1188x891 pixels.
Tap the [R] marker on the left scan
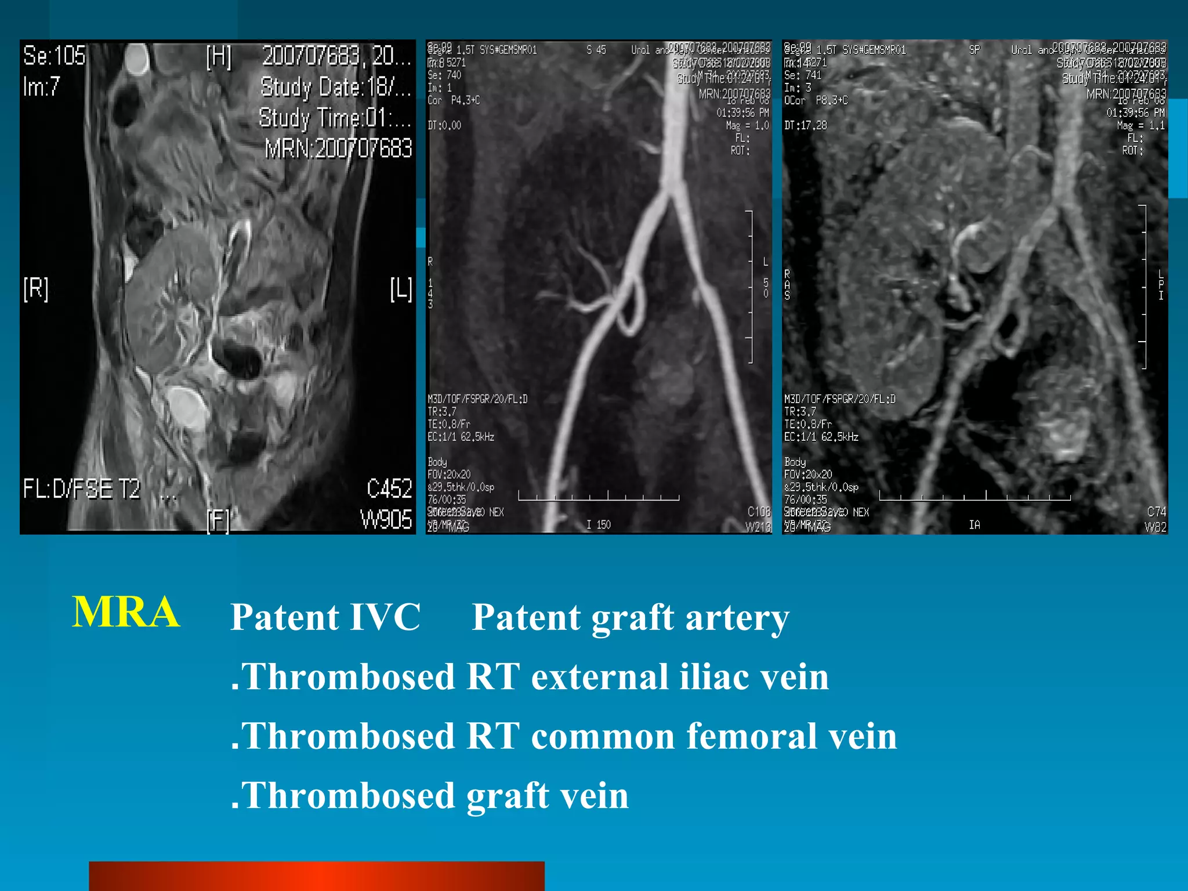click(x=36, y=288)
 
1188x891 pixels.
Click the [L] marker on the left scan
click(x=400, y=288)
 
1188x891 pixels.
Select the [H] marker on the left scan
click(x=219, y=57)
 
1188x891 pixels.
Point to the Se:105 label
click(x=55, y=56)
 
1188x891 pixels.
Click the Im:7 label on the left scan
click(x=41, y=87)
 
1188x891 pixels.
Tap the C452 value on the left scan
click(x=389, y=488)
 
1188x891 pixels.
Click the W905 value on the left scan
click(x=386, y=519)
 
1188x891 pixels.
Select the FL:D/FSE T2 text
click(x=82, y=488)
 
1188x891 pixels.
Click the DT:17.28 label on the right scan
click(x=805, y=125)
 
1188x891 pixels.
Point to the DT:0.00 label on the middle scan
click(x=444, y=125)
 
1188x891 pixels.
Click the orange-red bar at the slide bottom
click(x=316, y=876)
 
